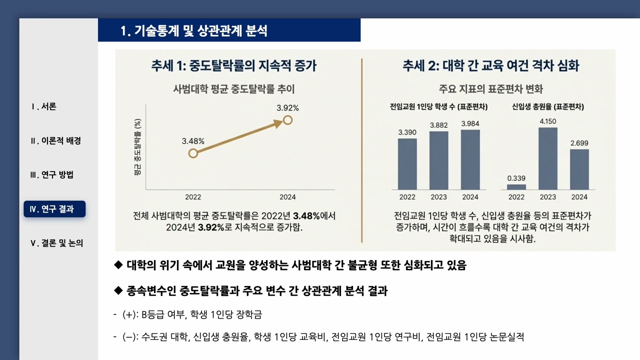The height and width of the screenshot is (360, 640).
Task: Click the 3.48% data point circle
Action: point(193,153)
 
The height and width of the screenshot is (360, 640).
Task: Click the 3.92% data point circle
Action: point(287,119)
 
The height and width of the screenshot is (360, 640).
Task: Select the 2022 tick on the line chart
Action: point(193,197)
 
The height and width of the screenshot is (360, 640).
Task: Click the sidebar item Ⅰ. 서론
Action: point(43,106)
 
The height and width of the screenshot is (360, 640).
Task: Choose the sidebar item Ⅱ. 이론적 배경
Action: point(55,141)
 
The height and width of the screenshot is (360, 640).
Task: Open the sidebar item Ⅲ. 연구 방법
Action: point(52,175)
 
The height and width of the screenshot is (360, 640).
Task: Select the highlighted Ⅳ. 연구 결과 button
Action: point(54,209)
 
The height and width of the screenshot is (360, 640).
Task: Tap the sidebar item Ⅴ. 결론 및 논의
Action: point(57,243)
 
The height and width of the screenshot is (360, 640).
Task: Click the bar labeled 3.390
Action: point(407,164)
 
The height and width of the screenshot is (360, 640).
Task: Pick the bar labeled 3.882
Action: point(439,160)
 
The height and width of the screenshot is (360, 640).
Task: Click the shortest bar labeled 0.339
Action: point(516,187)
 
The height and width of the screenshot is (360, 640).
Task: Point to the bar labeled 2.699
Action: point(579,169)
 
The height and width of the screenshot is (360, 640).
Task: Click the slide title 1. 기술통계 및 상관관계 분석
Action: point(194,31)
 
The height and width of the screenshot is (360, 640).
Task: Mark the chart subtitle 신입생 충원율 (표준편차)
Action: point(548,106)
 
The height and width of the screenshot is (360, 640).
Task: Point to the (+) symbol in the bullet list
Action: point(128,315)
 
